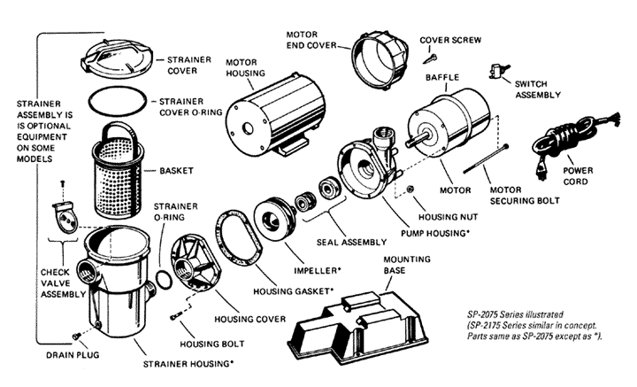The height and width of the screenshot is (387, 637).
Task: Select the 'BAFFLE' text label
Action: pos(465,78)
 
